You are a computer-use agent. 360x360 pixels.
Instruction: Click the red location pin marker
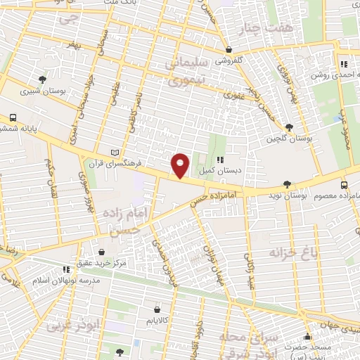point(181,165)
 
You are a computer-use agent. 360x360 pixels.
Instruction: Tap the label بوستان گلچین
point(290,138)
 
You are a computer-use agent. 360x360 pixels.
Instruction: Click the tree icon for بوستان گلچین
point(290,127)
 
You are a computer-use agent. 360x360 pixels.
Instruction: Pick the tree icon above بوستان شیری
point(43,79)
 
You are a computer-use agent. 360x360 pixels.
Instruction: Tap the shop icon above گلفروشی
point(229,50)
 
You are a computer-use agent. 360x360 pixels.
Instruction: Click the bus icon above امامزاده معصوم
point(343,185)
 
